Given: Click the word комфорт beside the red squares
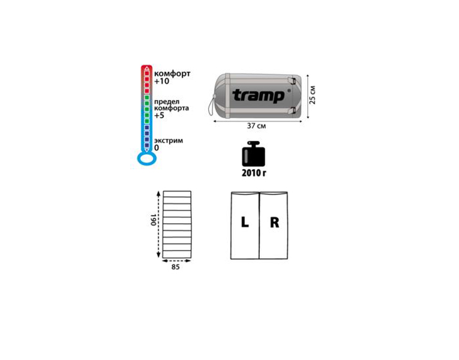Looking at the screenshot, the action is pos(172,73).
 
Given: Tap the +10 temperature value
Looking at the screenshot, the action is pos(161,81).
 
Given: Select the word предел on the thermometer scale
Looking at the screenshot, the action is pos(167,102).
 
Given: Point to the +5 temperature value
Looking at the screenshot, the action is pos(159,115).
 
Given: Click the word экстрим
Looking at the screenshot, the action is pos(169,140).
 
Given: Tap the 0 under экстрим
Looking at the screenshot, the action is pos(157,148).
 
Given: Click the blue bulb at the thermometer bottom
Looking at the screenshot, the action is pos(147,158).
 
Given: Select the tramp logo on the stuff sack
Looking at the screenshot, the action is pos(259,95).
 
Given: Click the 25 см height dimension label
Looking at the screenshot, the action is pos(313,95).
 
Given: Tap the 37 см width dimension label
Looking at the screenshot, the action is pos(257,126).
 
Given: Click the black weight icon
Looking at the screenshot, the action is pos(254,154).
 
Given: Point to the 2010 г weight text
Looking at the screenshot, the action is pos(254,173).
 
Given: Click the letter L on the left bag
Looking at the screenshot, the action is pos(245,222).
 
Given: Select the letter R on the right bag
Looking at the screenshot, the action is pos(275,223).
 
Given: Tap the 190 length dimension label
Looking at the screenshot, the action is pos(154,220).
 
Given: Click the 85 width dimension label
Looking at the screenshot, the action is pos(175,267).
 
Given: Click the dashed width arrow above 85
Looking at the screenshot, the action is pos(176,260).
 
